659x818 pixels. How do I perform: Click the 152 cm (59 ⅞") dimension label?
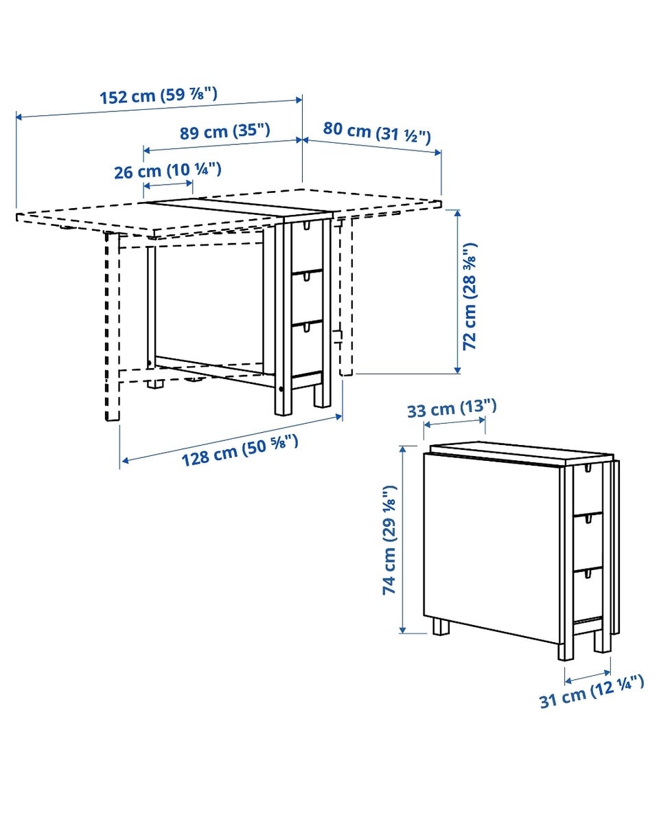point(159,95)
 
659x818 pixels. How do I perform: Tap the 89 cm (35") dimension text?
point(225,131)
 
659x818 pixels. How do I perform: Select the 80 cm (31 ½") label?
point(377,132)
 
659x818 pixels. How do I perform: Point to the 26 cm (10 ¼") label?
point(168,170)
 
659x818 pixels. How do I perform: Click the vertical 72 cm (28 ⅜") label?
point(470,296)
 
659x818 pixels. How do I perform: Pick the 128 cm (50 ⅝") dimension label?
point(240,451)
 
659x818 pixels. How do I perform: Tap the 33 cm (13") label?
point(452,408)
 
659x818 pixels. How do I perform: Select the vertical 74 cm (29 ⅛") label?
point(389,540)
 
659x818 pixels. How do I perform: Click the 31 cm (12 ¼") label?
point(591,691)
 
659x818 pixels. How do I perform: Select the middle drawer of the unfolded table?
point(307,298)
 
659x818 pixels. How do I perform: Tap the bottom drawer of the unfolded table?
point(307,349)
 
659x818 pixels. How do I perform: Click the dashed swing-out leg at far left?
point(112,326)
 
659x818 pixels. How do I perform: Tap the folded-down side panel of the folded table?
point(491,548)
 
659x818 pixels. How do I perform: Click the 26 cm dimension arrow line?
point(168,184)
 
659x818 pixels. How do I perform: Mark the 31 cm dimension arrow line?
point(588,677)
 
